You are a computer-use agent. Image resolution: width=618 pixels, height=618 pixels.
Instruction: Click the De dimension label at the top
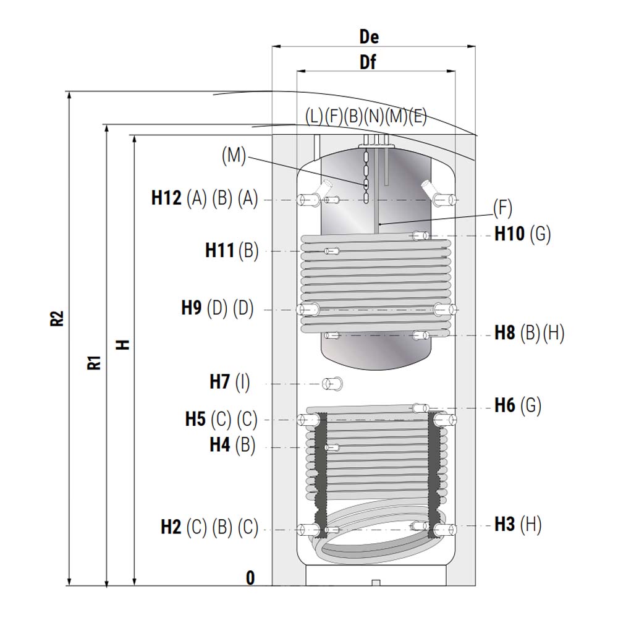[x=369, y=36]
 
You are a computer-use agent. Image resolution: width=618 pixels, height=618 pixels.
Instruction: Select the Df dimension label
[x=368, y=62]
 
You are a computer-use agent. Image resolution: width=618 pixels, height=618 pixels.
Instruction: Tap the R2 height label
[x=57, y=318]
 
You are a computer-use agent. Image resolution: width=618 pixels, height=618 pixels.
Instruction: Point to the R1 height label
[x=94, y=363]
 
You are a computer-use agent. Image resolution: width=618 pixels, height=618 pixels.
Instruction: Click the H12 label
[x=166, y=198]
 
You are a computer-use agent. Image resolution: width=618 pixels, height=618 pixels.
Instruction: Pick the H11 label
[x=219, y=250]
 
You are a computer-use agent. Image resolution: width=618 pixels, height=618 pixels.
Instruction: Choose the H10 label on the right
[x=510, y=234]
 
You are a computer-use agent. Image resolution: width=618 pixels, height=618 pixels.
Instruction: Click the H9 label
[x=191, y=307]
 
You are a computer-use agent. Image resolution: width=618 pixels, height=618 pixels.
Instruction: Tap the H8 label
[x=505, y=332]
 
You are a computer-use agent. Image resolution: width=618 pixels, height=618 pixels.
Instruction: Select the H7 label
[x=219, y=381]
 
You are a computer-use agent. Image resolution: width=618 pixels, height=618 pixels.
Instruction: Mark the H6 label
[x=505, y=405]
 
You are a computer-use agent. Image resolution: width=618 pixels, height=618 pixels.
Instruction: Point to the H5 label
[x=195, y=419]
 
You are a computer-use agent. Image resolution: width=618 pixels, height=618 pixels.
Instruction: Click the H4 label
[x=220, y=444]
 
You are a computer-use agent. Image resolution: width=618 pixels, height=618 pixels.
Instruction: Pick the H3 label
[x=505, y=524]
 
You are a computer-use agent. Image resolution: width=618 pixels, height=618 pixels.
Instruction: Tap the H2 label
[x=171, y=527]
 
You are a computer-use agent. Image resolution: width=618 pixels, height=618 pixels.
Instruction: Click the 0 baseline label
[x=250, y=578]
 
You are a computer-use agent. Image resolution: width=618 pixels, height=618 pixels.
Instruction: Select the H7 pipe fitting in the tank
[x=332, y=384]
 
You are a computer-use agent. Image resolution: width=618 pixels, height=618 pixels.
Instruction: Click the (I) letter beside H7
[x=242, y=382]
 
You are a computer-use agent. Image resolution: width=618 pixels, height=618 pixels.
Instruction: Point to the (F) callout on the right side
[x=502, y=208]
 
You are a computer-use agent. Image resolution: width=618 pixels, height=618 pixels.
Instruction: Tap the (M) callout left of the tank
[x=234, y=155]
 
